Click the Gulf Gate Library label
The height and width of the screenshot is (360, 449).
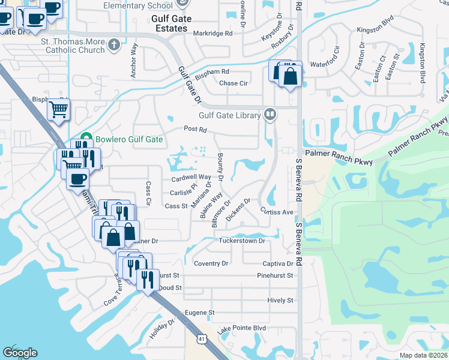pos(230,115)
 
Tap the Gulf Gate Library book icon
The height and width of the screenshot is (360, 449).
pos(270,114)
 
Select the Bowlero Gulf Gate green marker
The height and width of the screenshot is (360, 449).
pos(86,139)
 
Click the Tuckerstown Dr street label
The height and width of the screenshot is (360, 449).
pos(242,241)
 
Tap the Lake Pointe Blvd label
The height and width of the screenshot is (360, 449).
pos(241,328)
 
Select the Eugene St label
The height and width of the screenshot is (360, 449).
pos(199,313)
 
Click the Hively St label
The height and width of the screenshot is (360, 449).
pos(281,300)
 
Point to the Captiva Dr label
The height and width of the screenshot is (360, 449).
pos(277,263)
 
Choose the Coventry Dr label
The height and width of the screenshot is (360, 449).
pos(211,263)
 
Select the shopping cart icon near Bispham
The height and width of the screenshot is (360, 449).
pos(59,109)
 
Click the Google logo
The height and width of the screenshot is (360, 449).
pos(20,353)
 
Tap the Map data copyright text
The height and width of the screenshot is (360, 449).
pos(424,355)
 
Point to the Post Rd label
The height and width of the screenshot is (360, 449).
pos(195,129)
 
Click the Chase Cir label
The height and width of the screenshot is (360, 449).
pos(234,83)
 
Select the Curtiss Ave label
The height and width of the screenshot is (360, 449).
pos(276,212)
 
